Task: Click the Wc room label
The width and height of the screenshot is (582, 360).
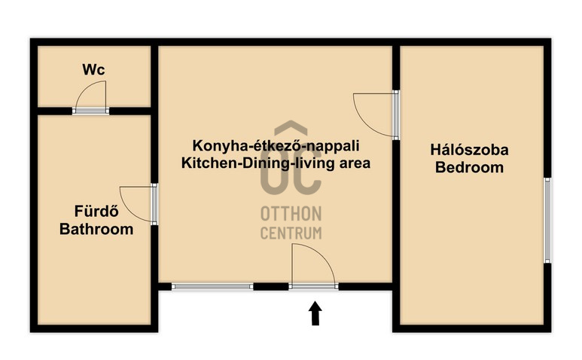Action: point(93,69)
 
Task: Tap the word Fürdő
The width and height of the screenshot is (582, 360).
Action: point(96,211)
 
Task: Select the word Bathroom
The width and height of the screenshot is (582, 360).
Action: point(96,229)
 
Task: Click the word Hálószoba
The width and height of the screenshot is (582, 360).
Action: point(470,150)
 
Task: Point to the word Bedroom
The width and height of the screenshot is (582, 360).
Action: point(470,167)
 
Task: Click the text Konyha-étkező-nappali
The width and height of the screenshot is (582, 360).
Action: point(276,145)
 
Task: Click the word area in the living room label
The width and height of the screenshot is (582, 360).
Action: point(355,164)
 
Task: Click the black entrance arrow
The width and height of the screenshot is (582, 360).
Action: point(315,313)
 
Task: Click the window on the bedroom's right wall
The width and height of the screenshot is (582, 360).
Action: point(547,221)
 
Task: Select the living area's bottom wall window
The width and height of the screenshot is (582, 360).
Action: point(212,286)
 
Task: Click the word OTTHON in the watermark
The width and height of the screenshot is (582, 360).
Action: point(291,214)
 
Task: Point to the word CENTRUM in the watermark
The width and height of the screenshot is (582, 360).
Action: point(291,233)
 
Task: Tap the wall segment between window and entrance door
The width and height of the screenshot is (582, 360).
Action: point(271,286)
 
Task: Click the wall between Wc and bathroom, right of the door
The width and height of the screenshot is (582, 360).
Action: point(130,111)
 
